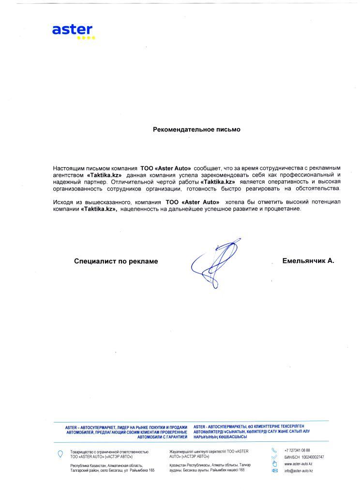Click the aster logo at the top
pos(72,29)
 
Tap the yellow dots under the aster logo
pos(87,37)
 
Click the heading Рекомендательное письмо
pos(196,130)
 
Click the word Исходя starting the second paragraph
pos(63,202)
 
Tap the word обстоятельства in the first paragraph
pos(319,188)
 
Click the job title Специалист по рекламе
pos(116,261)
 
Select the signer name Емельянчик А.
pos(308,261)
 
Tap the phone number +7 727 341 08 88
pos(297,451)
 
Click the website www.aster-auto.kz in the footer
pos(298,464)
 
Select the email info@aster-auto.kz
pos(298,470)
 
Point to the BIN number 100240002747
pos(313,457)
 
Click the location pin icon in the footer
pos(60,453)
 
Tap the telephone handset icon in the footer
pos(274,451)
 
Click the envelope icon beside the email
pos(274,470)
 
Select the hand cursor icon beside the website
pos(274,464)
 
